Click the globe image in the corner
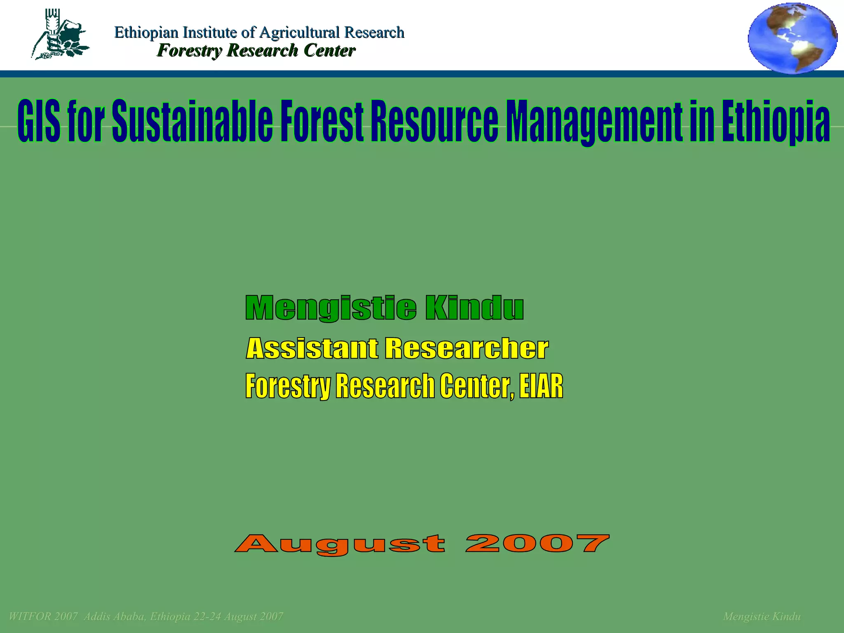(792, 38)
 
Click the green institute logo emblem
(60, 35)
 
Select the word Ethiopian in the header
(146, 33)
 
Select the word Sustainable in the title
(192, 122)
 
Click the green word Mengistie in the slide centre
(331, 308)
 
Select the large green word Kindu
(474, 308)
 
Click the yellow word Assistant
(312, 349)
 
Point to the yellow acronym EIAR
(541, 386)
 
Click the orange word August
(340, 544)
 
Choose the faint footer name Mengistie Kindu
(762, 617)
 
